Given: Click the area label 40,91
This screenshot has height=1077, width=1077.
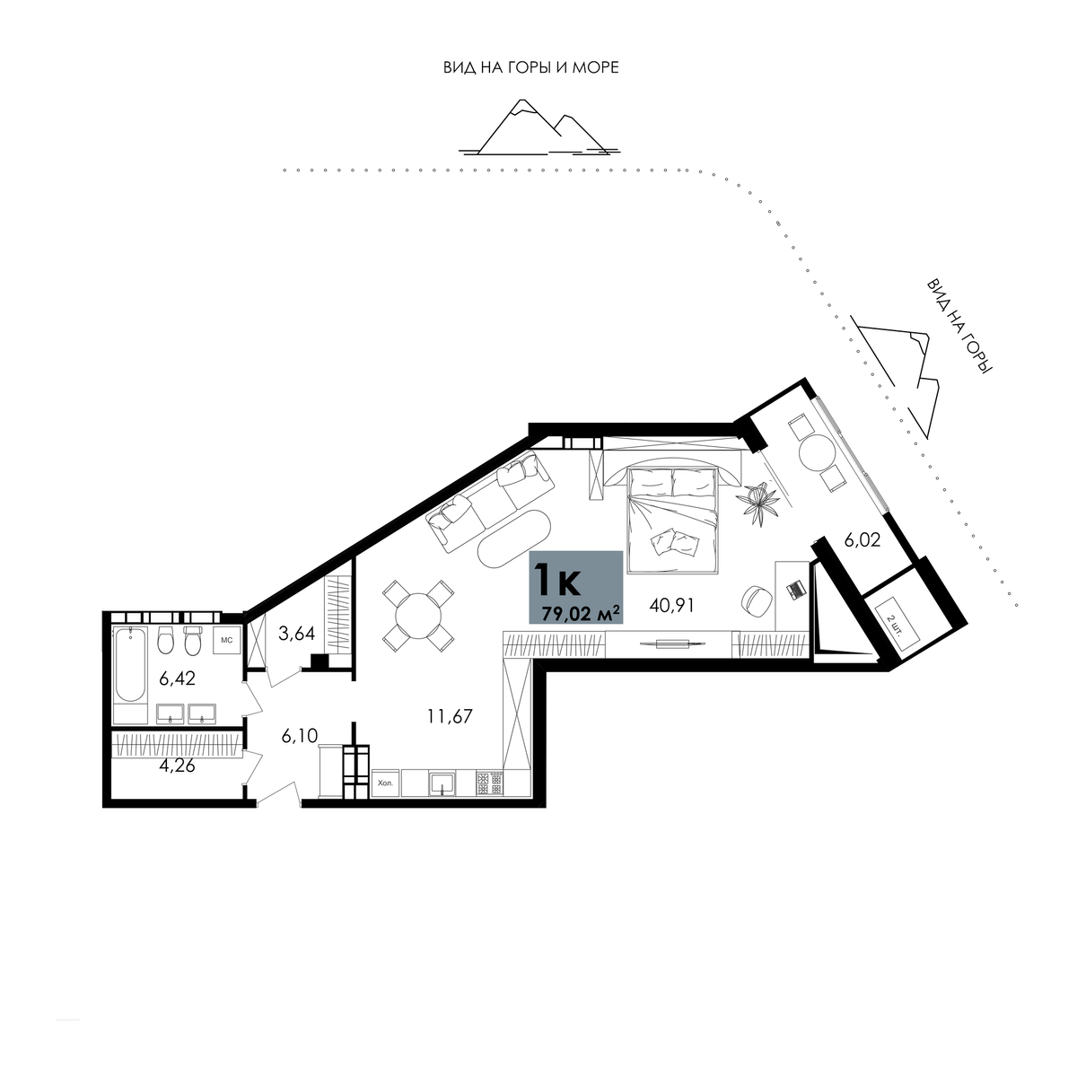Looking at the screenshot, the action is pos(671,605).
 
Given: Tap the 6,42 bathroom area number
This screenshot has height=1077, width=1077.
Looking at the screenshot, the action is pos(177,679).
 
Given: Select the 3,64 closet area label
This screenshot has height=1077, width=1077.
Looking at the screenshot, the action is pos(297,634).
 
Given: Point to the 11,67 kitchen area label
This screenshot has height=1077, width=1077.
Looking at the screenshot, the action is pos(450,716).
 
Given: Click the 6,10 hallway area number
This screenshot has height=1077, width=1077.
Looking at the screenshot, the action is pos(300,736).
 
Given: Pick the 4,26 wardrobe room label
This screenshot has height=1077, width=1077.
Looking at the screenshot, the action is pos(177,766).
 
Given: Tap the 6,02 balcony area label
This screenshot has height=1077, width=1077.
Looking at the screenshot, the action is pos(862,540).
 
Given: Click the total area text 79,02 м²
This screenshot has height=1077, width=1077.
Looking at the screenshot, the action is pos(582,614).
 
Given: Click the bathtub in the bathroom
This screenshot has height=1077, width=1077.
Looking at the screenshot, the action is pos(130,664).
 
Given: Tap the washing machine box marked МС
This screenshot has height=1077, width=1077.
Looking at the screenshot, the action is pos(226,640).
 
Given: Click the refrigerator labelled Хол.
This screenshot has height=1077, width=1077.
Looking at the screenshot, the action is pos(386,783).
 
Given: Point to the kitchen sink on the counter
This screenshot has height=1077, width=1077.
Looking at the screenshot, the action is pos(442,784).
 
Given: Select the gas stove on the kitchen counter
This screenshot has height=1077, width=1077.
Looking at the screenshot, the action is pos(490,783).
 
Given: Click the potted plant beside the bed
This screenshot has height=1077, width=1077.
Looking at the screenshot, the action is pos(757,501).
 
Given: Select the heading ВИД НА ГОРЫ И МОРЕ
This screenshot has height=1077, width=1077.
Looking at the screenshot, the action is pos(531,67).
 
